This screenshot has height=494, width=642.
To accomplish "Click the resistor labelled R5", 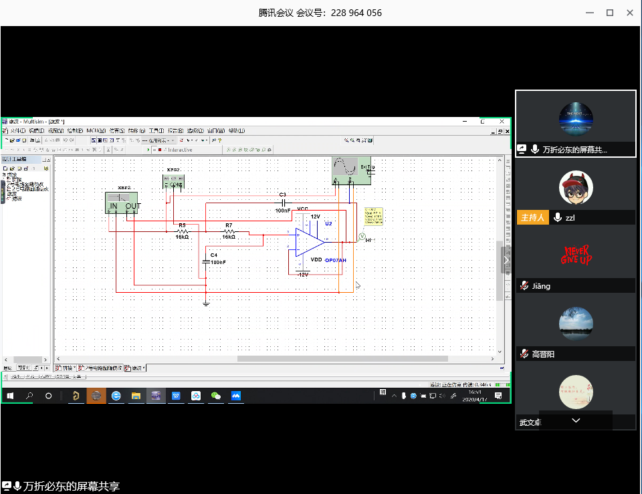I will coord(182,231).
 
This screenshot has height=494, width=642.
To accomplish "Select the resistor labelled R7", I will coord(229,231).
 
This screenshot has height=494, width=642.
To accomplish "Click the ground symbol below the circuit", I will coord(206,303).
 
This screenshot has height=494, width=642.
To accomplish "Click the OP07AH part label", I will coord(336,260).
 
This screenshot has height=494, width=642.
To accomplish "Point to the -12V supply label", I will coord(302,275).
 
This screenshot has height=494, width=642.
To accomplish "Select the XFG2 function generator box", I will coord(174,181).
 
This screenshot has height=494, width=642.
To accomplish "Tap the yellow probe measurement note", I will coord(374,216).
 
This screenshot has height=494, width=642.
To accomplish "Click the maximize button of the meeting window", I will coord(610,13).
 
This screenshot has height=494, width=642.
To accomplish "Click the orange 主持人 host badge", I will coord(532,217).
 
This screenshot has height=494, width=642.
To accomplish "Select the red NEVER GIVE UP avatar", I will coord(576,255).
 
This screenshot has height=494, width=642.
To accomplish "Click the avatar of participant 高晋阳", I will coord(576,324).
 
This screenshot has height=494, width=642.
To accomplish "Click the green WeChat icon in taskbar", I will coord(216,396).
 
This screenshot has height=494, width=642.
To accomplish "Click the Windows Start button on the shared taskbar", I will coord(10,396).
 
